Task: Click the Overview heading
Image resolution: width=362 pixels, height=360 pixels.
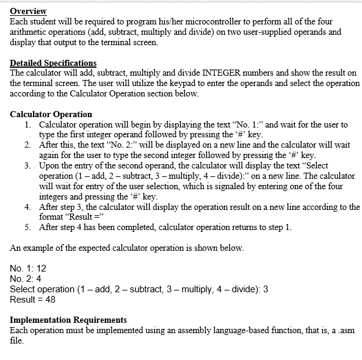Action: tap(28, 12)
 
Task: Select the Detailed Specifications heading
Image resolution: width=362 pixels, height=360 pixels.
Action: tap(53, 63)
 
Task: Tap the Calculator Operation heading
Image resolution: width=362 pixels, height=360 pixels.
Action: tap(51, 114)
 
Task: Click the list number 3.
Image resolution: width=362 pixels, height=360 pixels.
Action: tap(28, 166)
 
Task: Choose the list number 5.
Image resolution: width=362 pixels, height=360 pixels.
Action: tap(28, 228)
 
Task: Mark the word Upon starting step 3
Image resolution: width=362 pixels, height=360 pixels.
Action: tap(49, 166)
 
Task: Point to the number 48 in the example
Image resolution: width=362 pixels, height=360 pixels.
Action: tap(50, 300)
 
